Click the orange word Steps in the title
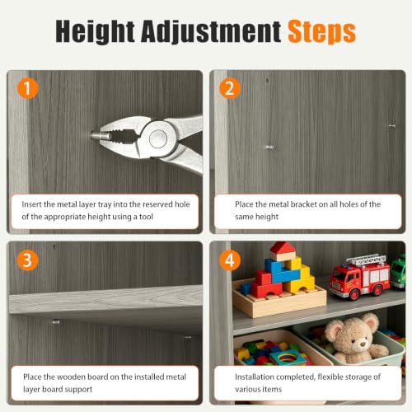(321, 31)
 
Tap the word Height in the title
(95, 31)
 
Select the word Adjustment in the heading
(211, 31)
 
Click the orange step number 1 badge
(27, 88)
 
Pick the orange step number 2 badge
(230, 88)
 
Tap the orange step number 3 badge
(27, 260)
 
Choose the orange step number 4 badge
(230, 260)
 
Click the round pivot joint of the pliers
(158, 138)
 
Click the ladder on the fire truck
(365, 260)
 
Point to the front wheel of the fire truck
(353, 294)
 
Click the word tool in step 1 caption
(146, 217)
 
